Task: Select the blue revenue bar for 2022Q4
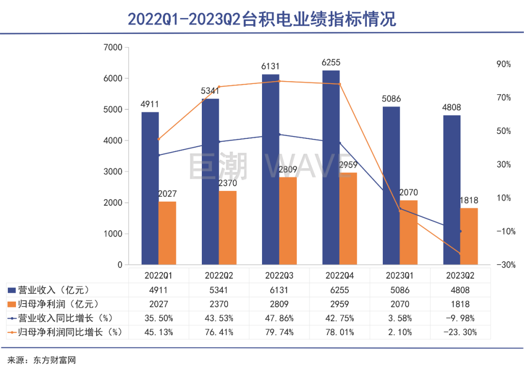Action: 331,168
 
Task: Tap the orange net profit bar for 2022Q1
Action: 167,233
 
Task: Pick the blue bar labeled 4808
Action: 452,190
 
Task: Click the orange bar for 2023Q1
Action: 409,232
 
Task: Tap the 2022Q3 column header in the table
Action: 279,275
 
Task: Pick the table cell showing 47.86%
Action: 279,318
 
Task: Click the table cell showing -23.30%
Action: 460,332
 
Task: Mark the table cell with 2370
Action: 219,304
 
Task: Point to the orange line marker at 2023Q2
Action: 460,254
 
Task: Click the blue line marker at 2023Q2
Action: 460,231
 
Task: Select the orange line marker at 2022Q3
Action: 279,81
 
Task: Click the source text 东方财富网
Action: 55,360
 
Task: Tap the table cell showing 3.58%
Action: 400,318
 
